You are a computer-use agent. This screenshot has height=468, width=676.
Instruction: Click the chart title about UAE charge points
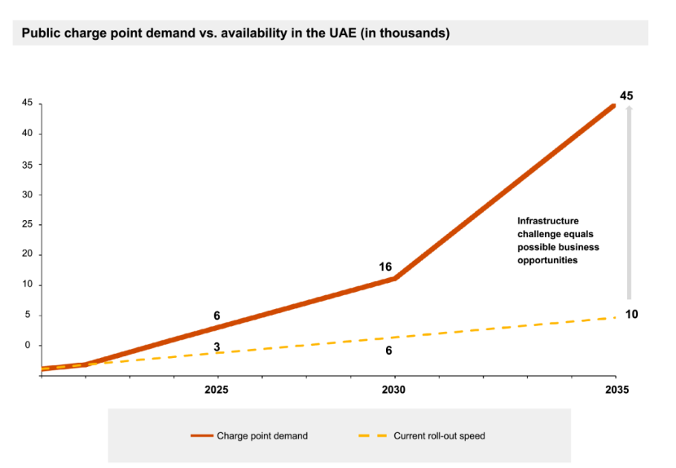[235, 33]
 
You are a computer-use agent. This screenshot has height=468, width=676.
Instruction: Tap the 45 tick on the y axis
[27, 103]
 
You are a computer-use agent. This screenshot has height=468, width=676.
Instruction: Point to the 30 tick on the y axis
[27, 194]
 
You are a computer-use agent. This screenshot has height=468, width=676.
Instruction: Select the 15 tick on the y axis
[27, 285]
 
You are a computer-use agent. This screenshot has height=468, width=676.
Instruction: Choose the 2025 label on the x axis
[217, 390]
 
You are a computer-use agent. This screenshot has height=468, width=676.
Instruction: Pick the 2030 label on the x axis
[394, 390]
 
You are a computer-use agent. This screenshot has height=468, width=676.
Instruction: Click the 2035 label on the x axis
[617, 390]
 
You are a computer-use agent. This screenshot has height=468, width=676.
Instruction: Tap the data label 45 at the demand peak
[626, 96]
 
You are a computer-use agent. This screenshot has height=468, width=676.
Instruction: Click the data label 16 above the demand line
[385, 267]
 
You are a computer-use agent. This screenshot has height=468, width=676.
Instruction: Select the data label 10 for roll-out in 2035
[631, 315]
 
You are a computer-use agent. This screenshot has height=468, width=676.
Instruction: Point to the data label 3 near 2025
[217, 347]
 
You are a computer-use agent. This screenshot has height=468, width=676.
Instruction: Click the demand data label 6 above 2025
[217, 316]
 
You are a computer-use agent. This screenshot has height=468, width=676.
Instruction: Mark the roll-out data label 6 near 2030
[388, 351]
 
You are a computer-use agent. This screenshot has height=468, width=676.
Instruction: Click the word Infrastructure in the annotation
[548, 221]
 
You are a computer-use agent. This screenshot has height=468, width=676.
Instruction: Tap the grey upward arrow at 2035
[629, 204]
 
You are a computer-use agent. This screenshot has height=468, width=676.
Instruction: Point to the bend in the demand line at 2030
[395, 278]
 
